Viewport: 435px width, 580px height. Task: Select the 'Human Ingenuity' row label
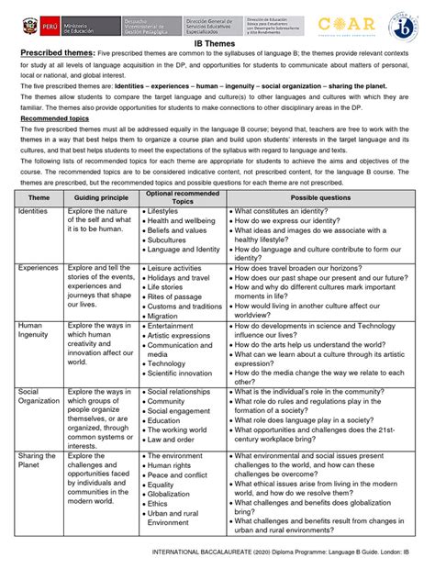[x=33, y=331]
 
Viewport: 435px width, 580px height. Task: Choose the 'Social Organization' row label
[x=39, y=396]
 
